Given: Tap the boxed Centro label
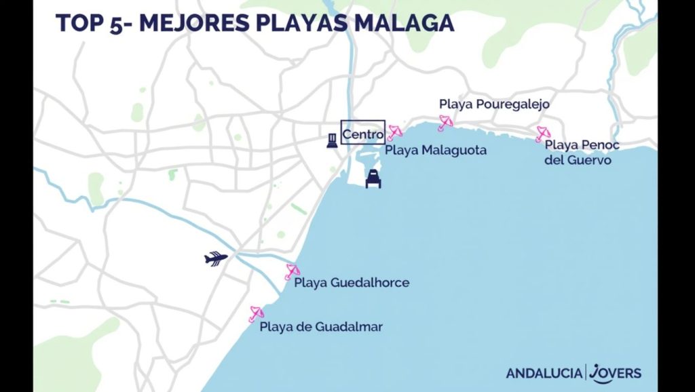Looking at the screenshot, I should (362, 134).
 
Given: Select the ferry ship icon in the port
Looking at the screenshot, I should (373, 178).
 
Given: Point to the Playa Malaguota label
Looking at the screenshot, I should (436, 151).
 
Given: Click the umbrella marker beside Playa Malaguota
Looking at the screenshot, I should (394, 132).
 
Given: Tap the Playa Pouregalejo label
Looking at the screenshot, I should (493, 104).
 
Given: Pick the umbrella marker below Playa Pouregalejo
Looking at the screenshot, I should (445, 123).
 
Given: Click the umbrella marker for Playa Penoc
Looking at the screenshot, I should (542, 134).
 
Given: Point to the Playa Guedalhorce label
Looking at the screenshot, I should (352, 282).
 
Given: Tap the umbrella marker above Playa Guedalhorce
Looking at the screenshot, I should (292, 272).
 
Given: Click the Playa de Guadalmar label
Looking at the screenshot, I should (321, 327).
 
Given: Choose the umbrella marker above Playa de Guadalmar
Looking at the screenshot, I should (256, 313).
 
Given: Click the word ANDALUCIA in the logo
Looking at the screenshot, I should (543, 373).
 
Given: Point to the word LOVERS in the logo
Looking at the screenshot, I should (616, 372).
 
